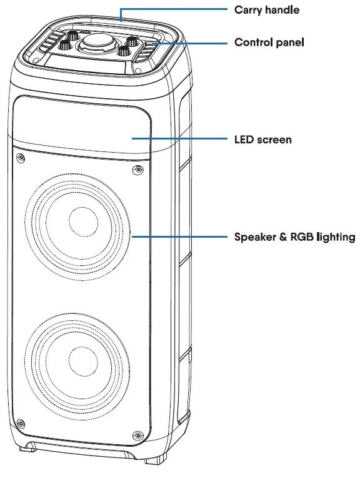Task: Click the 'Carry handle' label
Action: pos(266,10)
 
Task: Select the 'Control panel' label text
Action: pos(269,43)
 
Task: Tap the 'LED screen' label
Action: pos(262,139)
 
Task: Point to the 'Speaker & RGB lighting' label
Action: pos(294,237)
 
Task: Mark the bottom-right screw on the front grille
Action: pos(137,436)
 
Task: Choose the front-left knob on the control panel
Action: pos(64,46)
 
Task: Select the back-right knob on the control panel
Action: pos(131,41)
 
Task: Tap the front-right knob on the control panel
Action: pos(122,52)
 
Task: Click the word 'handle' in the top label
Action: pos(282,10)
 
